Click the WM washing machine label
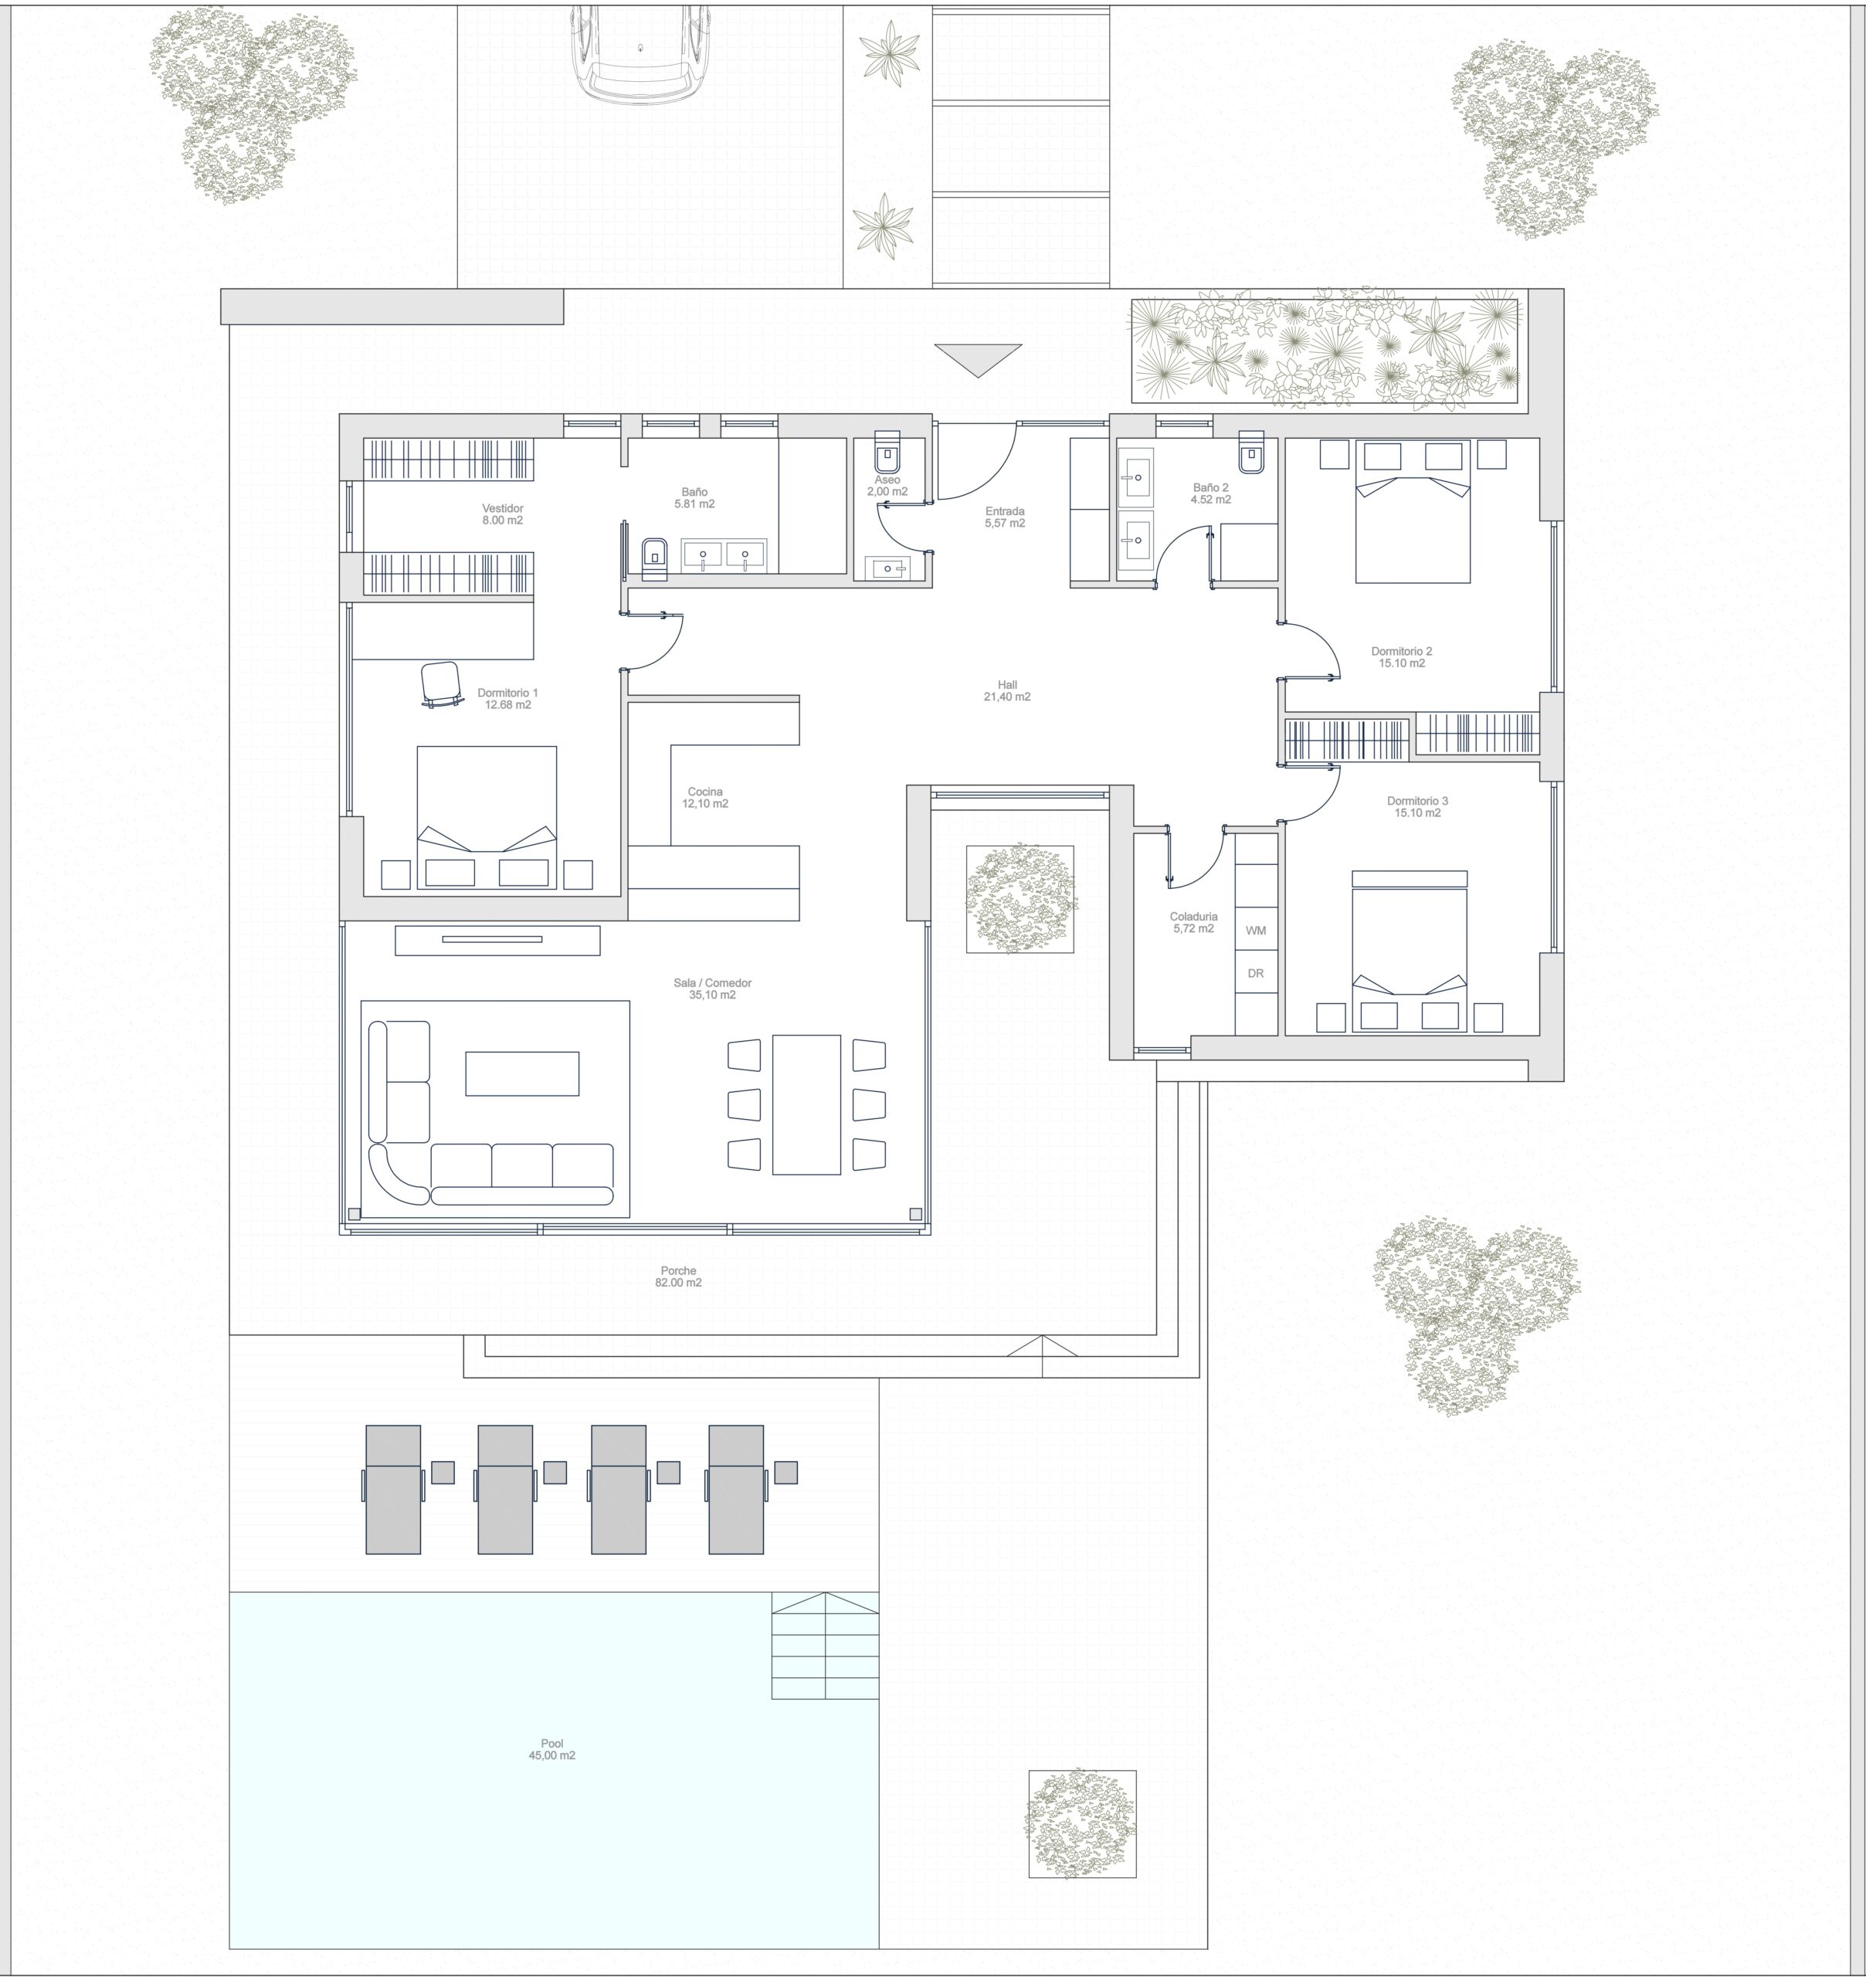point(1255,931)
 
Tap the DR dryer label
point(1255,974)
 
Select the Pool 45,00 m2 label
point(552,1749)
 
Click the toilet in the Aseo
point(886,453)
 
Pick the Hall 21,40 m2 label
point(1006,691)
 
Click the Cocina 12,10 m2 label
point(705,798)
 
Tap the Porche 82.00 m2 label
point(678,1276)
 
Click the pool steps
point(826,1646)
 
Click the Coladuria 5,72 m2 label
point(1193,923)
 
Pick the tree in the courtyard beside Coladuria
point(1020,899)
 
